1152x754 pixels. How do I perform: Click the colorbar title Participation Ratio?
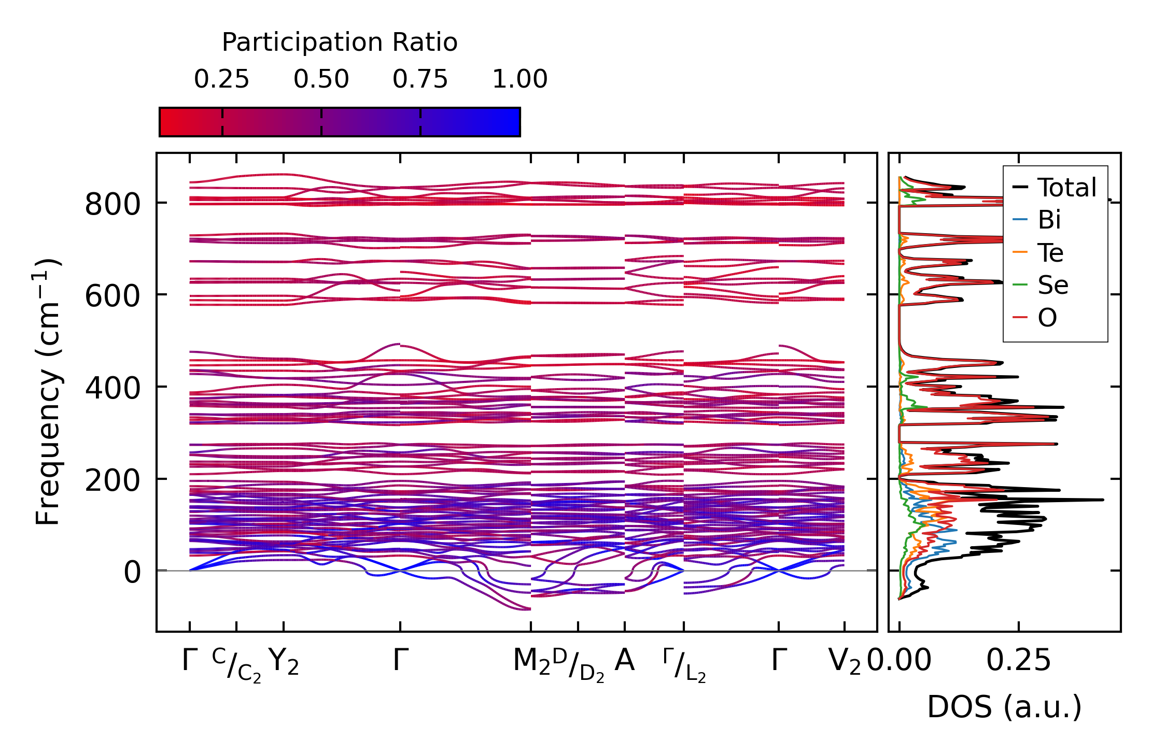(x=340, y=42)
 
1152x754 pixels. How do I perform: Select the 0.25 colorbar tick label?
(x=221, y=79)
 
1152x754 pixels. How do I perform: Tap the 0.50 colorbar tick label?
(x=321, y=79)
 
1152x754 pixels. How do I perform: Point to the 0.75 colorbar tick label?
(x=420, y=79)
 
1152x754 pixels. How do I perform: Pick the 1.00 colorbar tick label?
(x=519, y=79)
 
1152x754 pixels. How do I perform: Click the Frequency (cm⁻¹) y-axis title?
(x=48, y=391)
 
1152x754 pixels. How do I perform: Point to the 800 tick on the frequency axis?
(x=113, y=204)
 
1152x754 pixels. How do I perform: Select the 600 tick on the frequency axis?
(x=113, y=296)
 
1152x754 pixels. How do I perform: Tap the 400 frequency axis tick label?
(x=113, y=388)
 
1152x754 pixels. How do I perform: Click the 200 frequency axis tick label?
(x=113, y=480)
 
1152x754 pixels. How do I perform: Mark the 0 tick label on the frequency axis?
(x=132, y=572)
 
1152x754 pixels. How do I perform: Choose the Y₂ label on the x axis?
(x=284, y=662)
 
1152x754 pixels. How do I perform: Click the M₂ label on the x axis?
(x=531, y=662)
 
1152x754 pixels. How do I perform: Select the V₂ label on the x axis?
(x=845, y=662)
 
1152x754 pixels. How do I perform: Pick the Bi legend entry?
(x=1049, y=220)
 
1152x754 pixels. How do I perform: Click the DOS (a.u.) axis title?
(x=1004, y=707)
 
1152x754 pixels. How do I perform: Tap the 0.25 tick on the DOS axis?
(x=1018, y=661)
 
